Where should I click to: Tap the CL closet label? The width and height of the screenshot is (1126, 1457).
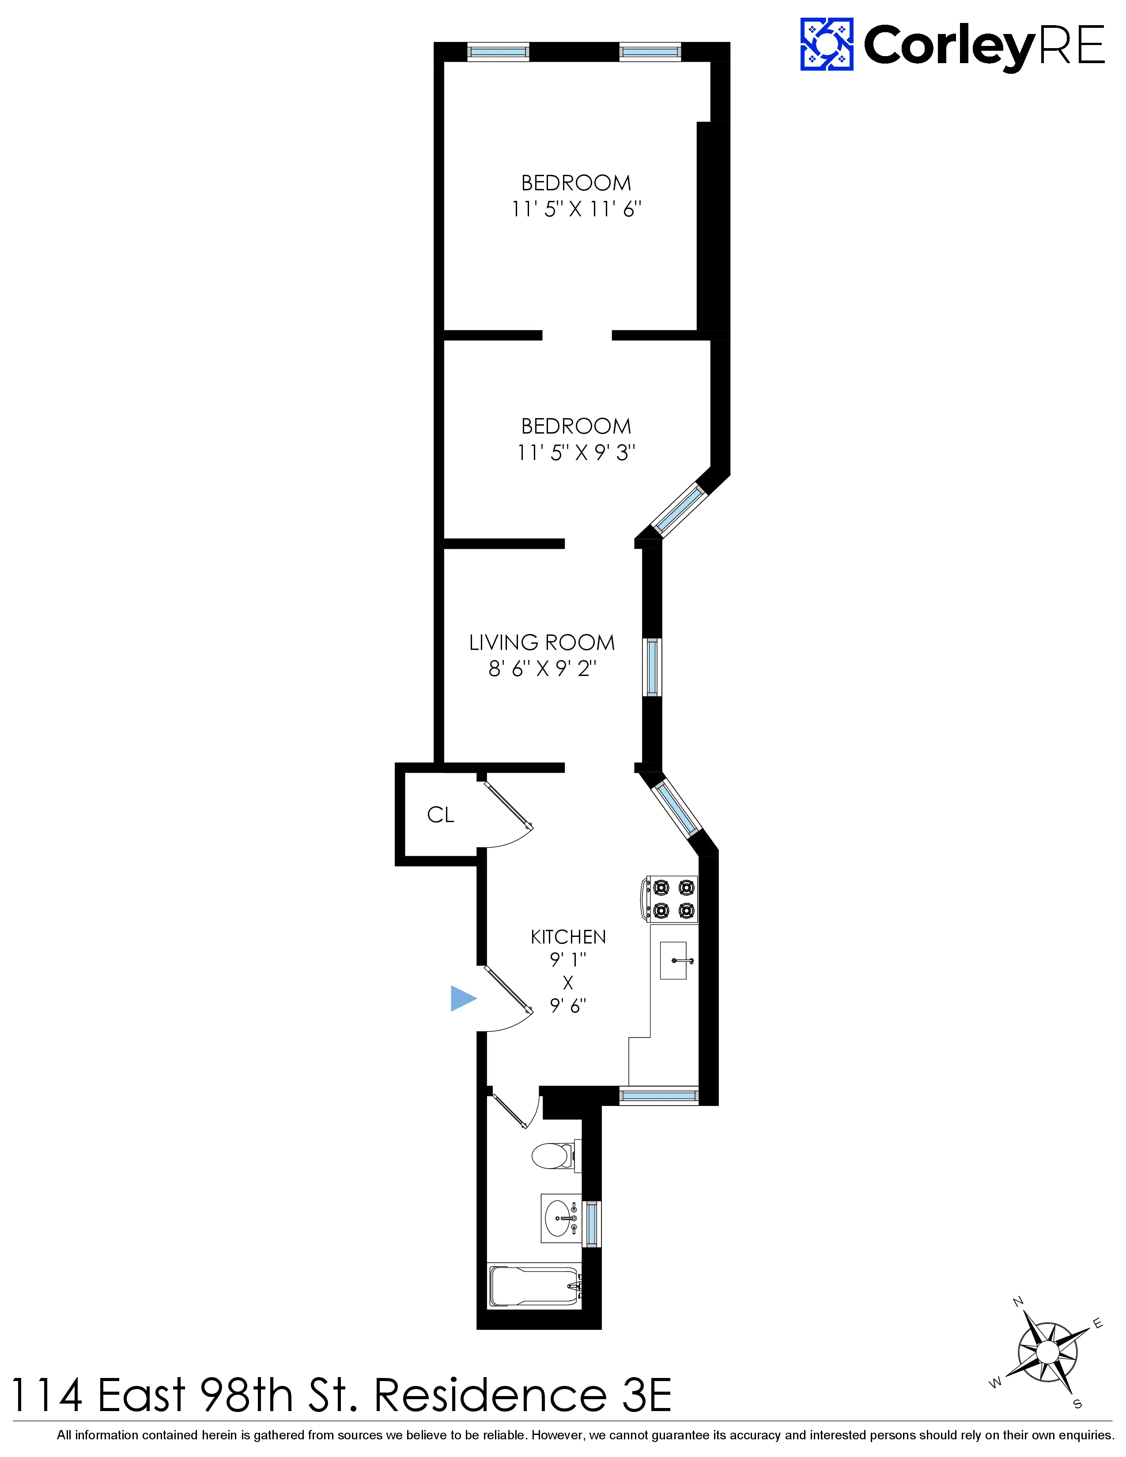click(440, 815)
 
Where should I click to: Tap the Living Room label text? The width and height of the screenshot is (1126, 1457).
click(542, 642)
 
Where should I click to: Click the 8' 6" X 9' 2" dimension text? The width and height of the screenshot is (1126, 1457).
click(542, 668)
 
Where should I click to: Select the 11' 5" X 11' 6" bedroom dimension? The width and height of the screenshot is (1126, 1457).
click(576, 209)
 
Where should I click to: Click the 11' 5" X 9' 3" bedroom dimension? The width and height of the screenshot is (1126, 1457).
click(576, 453)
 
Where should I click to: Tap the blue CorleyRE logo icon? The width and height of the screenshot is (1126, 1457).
click(827, 45)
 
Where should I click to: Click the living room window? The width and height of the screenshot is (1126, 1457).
click(652, 667)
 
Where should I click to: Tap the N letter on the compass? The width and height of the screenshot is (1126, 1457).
click(1018, 1302)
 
